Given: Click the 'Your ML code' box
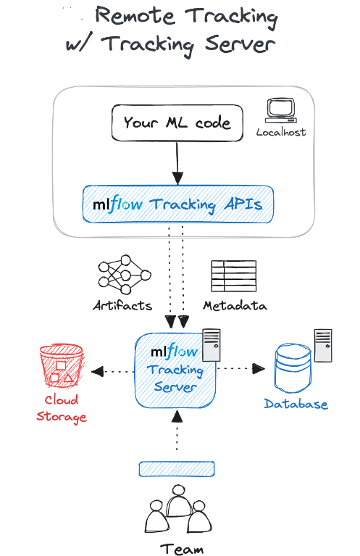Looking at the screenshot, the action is (177, 123).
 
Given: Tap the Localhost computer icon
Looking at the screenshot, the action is (281, 111).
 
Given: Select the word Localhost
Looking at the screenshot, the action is (281, 133).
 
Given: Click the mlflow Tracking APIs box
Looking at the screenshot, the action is (178, 204).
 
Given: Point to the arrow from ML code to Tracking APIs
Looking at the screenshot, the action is (177, 162).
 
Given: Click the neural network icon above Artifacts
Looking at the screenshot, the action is (125, 274).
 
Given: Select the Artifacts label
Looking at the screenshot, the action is (122, 305).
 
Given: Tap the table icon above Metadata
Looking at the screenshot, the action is (233, 276).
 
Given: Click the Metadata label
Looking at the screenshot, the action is (235, 305).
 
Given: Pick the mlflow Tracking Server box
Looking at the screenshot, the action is (175, 370).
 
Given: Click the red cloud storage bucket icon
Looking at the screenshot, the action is (62, 365).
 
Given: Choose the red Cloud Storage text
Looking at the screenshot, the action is (62, 409).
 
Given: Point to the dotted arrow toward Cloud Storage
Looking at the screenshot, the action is (113, 372).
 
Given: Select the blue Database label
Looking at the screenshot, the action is (296, 404).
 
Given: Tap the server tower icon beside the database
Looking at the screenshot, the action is (323, 345).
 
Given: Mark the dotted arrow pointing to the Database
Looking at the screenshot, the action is (240, 368).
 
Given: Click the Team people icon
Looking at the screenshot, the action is (178, 509).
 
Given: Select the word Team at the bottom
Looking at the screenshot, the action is (182, 549).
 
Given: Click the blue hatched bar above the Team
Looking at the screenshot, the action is (177, 469).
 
